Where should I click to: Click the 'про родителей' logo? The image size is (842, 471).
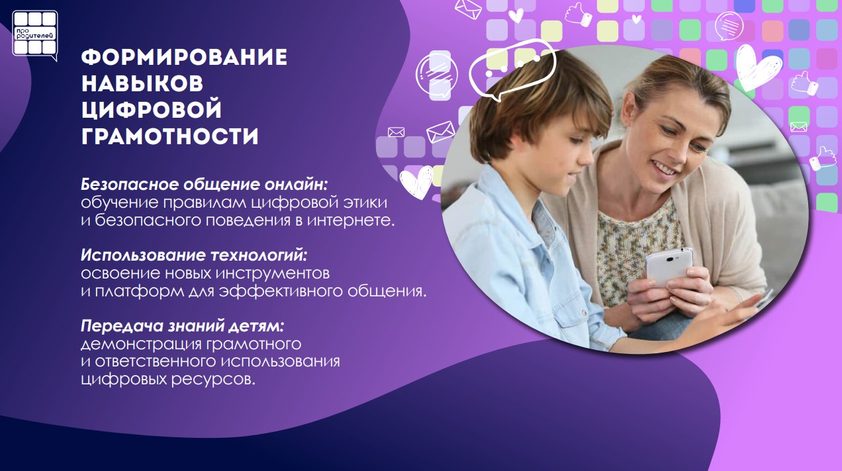35,35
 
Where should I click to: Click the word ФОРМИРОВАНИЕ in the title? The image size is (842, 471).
184,58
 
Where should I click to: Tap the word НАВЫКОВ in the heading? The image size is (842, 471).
142,84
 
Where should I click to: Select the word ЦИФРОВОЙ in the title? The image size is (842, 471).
152,110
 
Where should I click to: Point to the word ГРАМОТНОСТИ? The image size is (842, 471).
170,136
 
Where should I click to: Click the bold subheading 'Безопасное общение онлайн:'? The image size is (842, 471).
205,185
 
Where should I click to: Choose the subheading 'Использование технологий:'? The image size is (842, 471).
194,255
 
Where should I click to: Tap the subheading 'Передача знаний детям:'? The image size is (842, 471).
182,326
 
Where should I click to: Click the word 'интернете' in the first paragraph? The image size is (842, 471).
351,220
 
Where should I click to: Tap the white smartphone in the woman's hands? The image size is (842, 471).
669,266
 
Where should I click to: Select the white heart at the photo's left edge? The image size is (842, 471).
416,182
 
